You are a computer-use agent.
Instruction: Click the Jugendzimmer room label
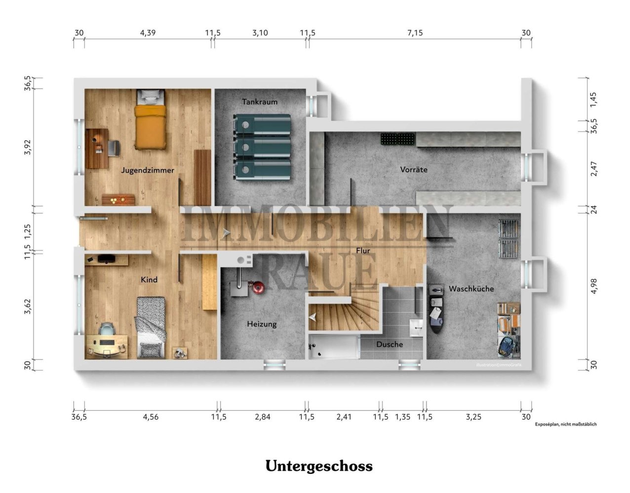(147, 170)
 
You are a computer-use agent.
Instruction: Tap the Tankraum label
(260, 102)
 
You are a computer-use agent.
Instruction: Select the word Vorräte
(414, 170)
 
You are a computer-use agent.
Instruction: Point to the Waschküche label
(471, 288)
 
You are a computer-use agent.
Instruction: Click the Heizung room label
(262, 324)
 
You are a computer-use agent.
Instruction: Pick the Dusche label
(390, 345)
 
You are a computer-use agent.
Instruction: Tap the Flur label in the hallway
(363, 251)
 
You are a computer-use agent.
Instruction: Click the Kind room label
(149, 280)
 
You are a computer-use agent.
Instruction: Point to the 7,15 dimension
(415, 33)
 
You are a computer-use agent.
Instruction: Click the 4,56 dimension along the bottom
(151, 417)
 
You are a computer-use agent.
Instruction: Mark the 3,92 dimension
(27, 147)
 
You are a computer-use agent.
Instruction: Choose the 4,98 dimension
(594, 286)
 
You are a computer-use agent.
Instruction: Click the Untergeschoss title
(319, 466)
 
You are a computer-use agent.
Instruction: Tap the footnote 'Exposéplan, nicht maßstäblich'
(566, 424)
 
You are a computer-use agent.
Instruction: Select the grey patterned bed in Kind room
(151, 328)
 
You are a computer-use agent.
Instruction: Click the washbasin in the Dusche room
(416, 328)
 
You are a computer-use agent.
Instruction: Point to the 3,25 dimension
(473, 417)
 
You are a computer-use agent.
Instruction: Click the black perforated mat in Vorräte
(398, 139)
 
